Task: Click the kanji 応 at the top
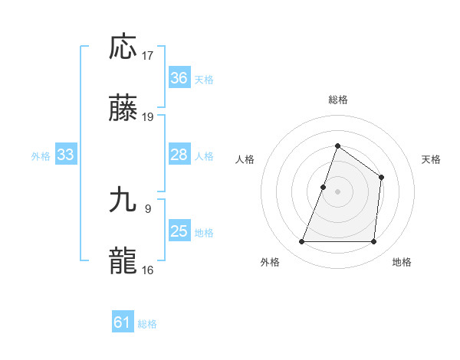pos(123,47)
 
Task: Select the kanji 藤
pos(123,108)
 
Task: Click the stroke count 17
pos(149,56)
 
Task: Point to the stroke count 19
pos(149,117)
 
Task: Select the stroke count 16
pos(149,270)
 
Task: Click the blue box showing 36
pos(179,78)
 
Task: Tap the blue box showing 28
pos(179,155)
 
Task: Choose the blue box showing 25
pos(179,231)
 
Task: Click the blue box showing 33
pos(66,155)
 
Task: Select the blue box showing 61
pos(123,322)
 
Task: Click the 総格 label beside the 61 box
pos(147,324)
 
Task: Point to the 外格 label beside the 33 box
pos(41,156)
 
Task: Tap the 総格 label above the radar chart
pos(337,100)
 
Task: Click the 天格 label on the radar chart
pos(432,159)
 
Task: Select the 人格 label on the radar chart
pos(245,159)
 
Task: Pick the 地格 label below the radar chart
pos(402,262)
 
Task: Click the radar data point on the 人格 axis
pos(324,187)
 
